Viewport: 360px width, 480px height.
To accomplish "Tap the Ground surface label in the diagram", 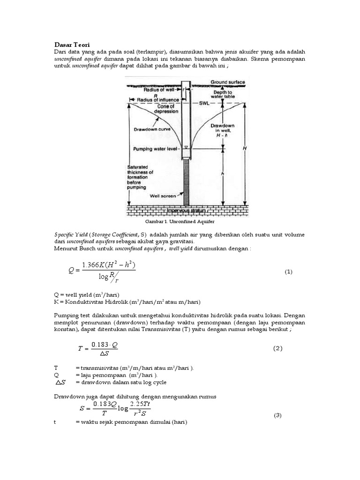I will coord(227,82).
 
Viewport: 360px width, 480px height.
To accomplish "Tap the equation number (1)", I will coord(288,272).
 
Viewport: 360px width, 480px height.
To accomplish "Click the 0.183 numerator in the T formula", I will coord(101,344).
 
